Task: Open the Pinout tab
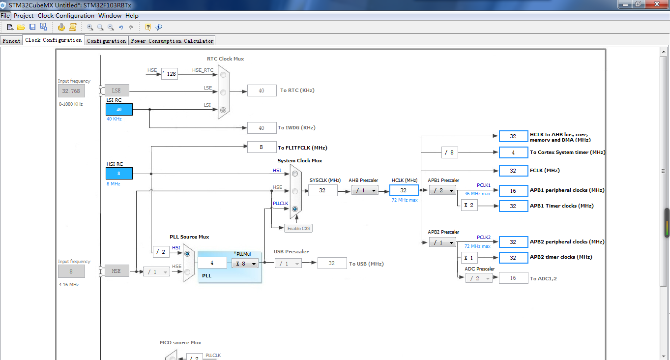click(x=11, y=41)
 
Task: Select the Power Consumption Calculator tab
click(x=172, y=41)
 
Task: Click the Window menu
click(x=110, y=16)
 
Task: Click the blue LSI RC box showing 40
click(x=119, y=110)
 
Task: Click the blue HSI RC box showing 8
click(x=119, y=174)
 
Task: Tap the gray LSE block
click(x=117, y=90)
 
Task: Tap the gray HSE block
click(x=117, y=271)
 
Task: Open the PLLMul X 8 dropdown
click(x=245, y=264)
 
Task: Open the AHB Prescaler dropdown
click(x=365, y=190)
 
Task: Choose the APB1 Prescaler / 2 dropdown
click(x=442, y=190)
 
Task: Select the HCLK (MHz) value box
click(x=404, y=190)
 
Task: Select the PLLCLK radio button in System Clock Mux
click(x=295, y=209)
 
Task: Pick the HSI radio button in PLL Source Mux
click(x=187, y=254)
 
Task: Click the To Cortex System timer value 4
click(x=513, y=152)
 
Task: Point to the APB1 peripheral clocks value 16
click(x=513, y=191)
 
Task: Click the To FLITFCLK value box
click(x=262, y=147)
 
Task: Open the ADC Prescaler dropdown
click(x=479, y=278)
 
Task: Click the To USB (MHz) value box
click(x=332, y=263)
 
